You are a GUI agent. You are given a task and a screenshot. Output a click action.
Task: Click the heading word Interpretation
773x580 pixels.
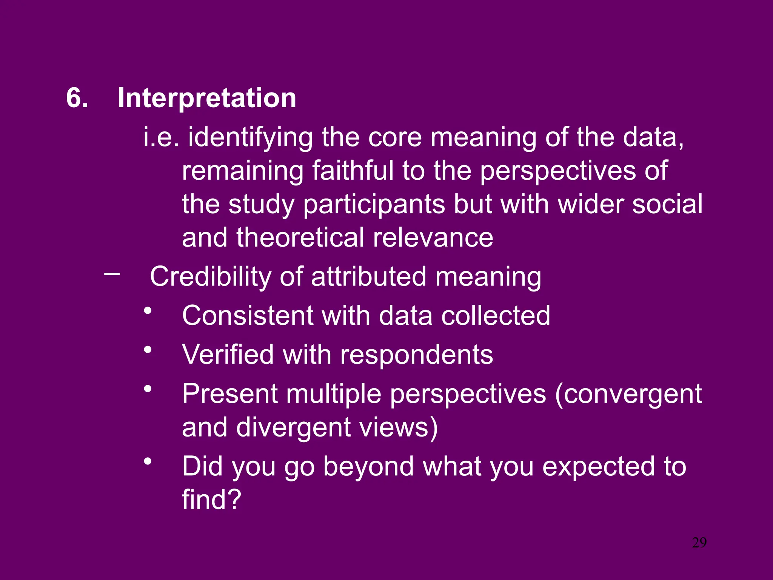[x=207, y=98]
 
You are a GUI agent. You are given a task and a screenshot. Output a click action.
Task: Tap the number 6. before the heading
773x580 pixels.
[x=77, y=98]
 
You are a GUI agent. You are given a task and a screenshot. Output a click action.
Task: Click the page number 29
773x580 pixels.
[x=699, y=543]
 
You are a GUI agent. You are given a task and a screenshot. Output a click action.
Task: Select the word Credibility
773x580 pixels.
[x=210, y=277]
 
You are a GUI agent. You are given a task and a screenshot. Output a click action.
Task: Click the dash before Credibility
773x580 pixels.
[x=112, y=273]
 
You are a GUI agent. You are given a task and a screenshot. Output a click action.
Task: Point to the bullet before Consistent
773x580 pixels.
[x=148, y=311]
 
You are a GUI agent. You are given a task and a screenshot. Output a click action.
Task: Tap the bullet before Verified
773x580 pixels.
[x=148, y=350]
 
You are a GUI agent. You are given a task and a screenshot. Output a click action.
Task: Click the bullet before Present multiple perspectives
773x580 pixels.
[x=148, y=389]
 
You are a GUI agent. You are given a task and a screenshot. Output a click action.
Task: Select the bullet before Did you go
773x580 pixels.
[x=148, y=461]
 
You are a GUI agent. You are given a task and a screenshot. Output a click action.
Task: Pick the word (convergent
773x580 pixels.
[x=628, y=394]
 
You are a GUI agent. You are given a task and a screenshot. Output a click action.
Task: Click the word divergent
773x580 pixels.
[x=293, y=428]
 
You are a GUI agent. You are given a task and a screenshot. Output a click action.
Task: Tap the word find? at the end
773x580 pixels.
[x=211, y=500]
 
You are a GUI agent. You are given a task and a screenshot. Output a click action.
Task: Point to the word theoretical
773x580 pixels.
[x=300, y=238]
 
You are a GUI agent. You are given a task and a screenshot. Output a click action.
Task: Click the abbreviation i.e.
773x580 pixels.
[x=161, y=137]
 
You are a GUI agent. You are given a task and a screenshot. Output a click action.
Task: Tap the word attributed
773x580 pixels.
[x=369, y=277]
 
